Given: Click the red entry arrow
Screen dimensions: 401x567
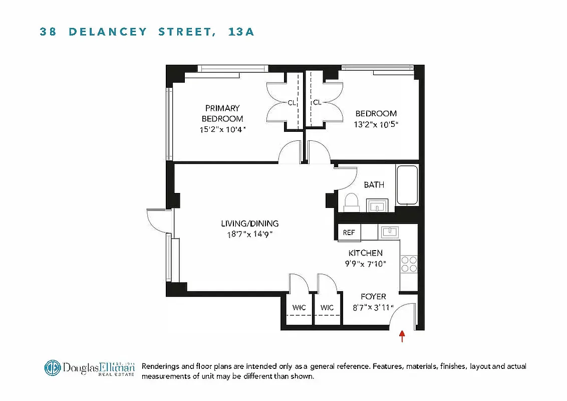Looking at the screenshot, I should click(x=402, y=335).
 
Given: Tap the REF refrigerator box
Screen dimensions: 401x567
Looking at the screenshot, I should click(x=349, y=232).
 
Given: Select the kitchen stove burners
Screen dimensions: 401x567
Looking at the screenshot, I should click(x=409, y=264).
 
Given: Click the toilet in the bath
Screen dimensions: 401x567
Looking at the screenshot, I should click(x=352, y=202).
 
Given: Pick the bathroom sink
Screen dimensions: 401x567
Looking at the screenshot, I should click(x=377, y=206).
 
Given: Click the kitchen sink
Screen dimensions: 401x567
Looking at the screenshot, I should click(x=389, y=231).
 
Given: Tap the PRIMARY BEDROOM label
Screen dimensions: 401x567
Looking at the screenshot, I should click(x=222, y=113).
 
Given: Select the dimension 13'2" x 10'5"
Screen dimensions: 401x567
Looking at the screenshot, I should click(x=376, y=124).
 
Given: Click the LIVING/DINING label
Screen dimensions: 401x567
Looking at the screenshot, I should click(x=250, y=224).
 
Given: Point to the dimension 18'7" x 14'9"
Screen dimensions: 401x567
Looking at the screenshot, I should click(x=250, y=234).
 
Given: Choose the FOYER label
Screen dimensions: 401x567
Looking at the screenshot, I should click(x=373, y=297).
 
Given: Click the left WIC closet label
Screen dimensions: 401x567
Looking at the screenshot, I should click(x=299, y=308).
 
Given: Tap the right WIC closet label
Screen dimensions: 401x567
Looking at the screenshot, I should click(x=327, y=308).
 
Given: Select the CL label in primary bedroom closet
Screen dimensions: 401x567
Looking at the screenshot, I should click(x=292, y=103).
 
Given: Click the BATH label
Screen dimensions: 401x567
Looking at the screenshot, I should click(x=374, y=185).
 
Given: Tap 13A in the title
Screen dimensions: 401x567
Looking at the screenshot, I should click(x=241, y=32).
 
